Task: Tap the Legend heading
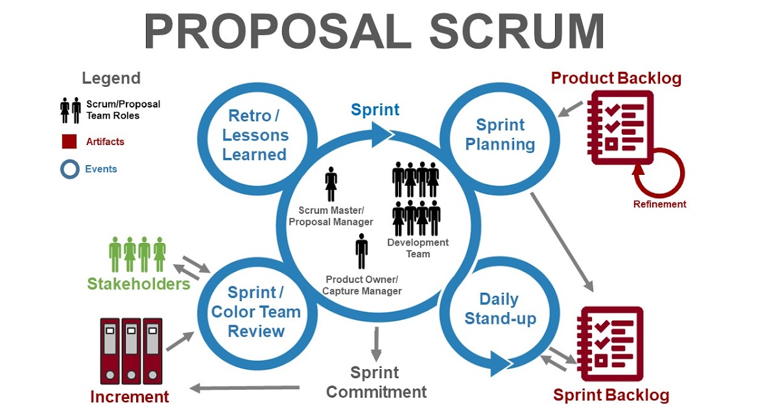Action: point(111,78)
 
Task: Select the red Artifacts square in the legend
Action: point(69,141)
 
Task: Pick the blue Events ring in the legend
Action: point(69,170)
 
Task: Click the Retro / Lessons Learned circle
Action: point(254,135)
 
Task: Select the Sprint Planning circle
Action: point(501,134)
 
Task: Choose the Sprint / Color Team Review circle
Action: point(256,312)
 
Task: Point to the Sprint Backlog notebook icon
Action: point(609,344)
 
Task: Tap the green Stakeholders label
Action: point(139,284)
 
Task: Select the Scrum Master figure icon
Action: point(331,185)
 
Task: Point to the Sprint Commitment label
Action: point(376,382)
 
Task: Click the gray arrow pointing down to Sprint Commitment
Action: point(375,343)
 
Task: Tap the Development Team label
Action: point(418,248)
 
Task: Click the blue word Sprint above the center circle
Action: point(375,109)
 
